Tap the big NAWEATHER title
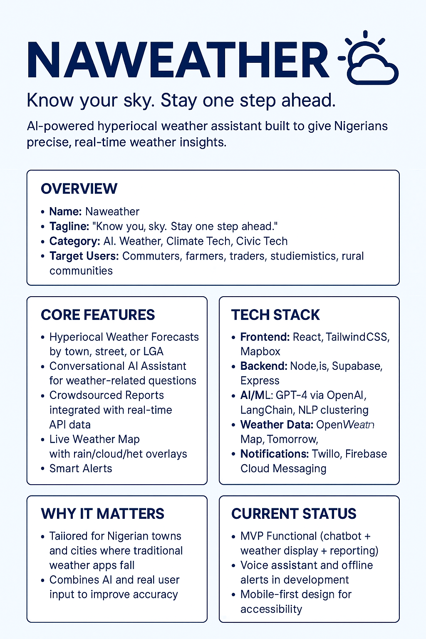[x=178, y=60]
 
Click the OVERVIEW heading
[x=79, y=188]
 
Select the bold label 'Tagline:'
[x=69, y=226]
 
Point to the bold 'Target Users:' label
[x=84, y=256]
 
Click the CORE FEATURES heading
[x=98, y=315]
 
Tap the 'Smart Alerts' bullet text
[x=81, y=468]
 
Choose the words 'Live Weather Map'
[x=94, y=439]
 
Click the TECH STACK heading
[x=275, y=315]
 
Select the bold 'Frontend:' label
[x=265, y=337]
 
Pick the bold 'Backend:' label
[x=264, y=366]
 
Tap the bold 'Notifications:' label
[x=274, y=454]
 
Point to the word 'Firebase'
[x=366, y=454]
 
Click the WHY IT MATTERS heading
[x=102, y=514]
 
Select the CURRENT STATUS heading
[x=294, y=514]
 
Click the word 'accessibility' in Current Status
[x=271, y=609]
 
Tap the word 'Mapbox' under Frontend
[x=260, y=352]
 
